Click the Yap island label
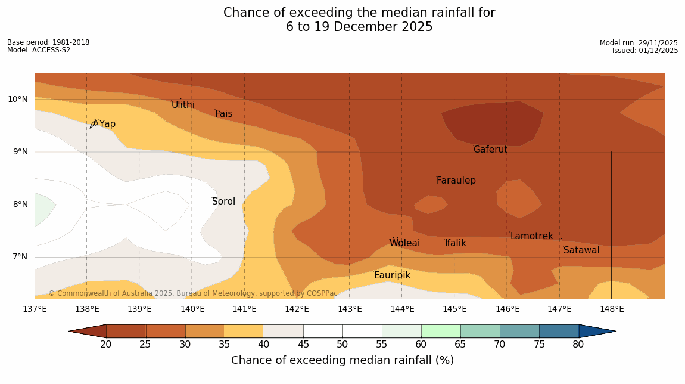point(107,124)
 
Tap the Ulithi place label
point(183,105)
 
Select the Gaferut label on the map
point(490,150)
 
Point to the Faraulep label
point(456,181)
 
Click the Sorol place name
point(223,202)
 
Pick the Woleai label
point(404,243)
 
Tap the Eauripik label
point(392,275)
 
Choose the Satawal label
point(581,250)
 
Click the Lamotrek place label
point(531,236)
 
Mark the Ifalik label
point(456,243)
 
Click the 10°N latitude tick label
point(18,99)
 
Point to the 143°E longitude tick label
point(350,309)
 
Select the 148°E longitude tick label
point(612,309)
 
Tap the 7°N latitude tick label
point(18,257)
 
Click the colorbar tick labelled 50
point(342,345)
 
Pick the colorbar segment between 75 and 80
point(559,331)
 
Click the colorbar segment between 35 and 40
point(244,331)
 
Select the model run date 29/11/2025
point(639,43)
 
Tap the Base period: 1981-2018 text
point(48,42)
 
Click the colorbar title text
point(342,360)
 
